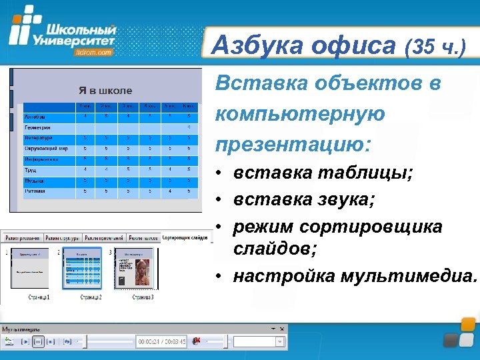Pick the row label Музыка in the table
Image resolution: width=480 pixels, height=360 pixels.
[x=35, y=180]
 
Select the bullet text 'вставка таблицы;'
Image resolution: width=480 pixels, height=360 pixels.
[x=323, y=173]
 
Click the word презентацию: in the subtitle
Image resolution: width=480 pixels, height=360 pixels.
[x=294, y=143]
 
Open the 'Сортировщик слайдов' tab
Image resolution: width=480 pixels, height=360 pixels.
[x=185, y=238]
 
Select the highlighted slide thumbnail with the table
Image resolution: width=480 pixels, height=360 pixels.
[x=82, y=269]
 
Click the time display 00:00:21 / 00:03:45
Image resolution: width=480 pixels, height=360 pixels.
[x=161, y=341]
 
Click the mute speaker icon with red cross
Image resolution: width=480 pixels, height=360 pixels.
[x=197, y=341]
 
